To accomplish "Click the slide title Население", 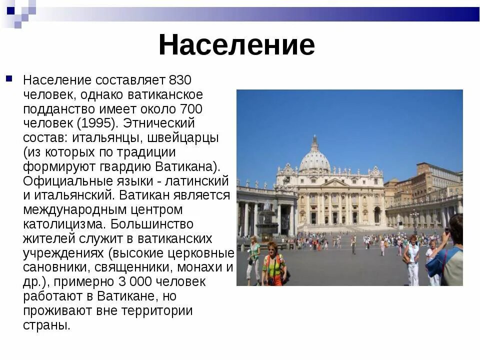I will (236, 45).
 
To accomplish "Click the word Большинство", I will (152, 224).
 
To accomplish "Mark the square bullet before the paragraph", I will (9, 79).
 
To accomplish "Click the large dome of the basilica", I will (314, 160).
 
